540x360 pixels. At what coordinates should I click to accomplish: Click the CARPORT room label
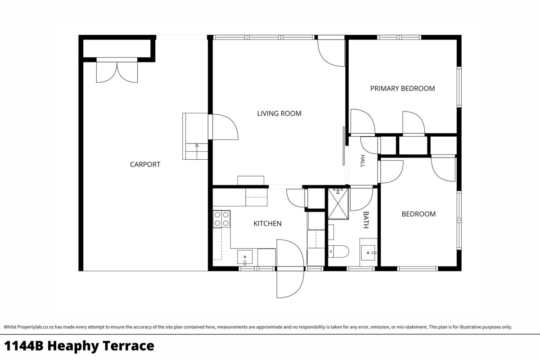(145, 164)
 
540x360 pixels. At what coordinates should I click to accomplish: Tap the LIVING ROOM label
(279, 113)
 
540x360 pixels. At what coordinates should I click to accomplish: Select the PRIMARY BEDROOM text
(402, 89)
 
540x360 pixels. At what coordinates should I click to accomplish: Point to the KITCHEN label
(267, 224)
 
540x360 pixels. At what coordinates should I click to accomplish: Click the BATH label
(366, 220)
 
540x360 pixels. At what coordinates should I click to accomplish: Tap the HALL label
(362, 161)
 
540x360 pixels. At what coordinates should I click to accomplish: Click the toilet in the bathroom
(338, 252)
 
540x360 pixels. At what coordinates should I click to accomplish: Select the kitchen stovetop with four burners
(221, 219)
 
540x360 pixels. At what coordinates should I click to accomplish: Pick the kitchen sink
(245, 257)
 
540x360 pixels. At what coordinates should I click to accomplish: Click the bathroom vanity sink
(369, 253)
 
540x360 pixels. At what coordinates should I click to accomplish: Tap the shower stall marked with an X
(338, 204)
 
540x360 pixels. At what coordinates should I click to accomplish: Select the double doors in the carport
(117, 72)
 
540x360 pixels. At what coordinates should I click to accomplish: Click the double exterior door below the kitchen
(290, 268)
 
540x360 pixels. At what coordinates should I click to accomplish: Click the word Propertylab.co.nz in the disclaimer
(36, 327)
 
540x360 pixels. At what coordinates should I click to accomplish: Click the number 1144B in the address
(23, 346)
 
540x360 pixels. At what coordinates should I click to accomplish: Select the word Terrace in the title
(129, 346)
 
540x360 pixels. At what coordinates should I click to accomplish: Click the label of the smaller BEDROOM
(418, 214)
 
